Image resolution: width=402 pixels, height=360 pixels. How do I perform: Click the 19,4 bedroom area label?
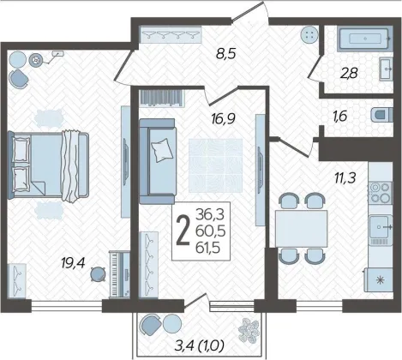coord(73,263)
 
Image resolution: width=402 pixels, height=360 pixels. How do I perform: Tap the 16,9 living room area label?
coord(223,117)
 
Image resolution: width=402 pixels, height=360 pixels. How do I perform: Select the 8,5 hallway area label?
coord(225,53)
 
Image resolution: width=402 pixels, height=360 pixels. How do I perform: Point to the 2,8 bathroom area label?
coord(349,74)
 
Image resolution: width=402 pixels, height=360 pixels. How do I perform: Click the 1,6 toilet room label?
coord(339,116)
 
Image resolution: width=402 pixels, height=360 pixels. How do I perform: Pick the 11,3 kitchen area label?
coord(345,178)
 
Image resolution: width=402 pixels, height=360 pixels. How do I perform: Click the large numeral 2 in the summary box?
coord(183,231)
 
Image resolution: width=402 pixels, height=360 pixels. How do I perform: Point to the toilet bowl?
coord(382,116)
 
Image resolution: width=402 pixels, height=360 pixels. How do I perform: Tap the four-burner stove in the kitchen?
coord(381,192)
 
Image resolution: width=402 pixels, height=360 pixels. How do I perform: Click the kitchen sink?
coord(381,227)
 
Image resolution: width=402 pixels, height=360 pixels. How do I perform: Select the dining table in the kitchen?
coord(301,228)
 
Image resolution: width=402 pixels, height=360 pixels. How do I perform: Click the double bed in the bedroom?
coord(49,165)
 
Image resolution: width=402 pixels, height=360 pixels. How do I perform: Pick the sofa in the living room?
coord(157,161)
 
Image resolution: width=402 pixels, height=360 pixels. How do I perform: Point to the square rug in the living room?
coord(216,165)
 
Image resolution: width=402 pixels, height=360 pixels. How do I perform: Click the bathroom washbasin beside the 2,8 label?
coord(387,69)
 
